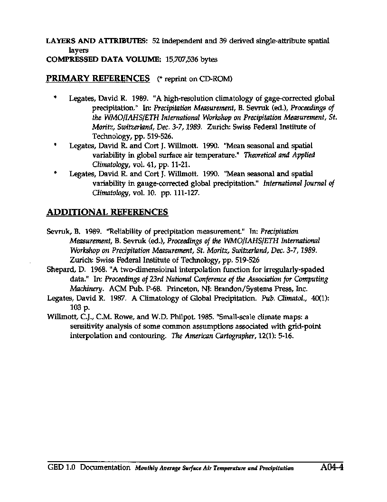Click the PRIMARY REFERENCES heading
(98, 78)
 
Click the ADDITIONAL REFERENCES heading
(107, 212)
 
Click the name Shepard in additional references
(58, 270)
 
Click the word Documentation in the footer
(105, 468)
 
